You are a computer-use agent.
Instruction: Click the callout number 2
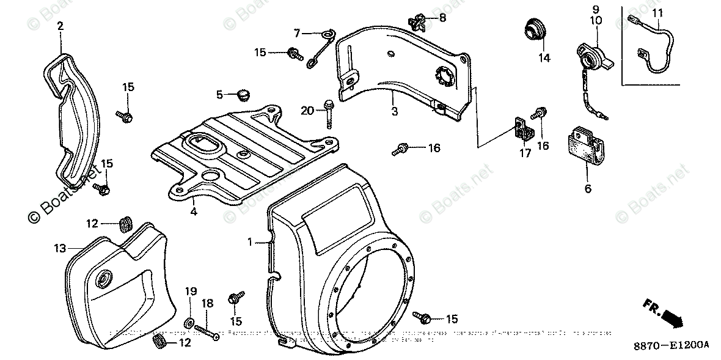point(60,26)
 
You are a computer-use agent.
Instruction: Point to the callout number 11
point(656,13)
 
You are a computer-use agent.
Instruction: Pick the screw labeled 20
point(329,113)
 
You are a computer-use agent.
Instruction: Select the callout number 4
point(193,212)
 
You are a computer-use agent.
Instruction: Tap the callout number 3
point(395,112)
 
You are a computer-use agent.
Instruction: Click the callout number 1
point(250,243)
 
